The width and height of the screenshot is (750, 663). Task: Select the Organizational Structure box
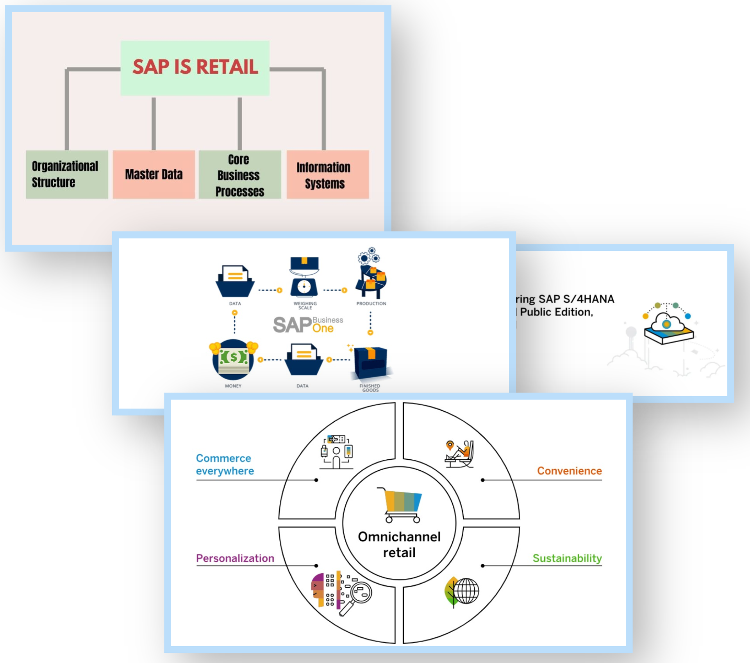coord(67,174)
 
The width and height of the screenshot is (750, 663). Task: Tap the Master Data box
coord(154,174)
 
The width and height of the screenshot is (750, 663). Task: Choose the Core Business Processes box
coord(240,174)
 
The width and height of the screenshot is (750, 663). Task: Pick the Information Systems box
coord(328,174)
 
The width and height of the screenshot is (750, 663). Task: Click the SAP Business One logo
coord(308,325)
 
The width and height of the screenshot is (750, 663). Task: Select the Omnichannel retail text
coord(399,545)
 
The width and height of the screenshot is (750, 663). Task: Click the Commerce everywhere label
coord(225,464)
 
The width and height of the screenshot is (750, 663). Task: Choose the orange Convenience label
coord(569,471)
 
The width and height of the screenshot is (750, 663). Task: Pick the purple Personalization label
coord(235,558)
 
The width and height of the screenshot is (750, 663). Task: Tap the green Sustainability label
coord(567,558)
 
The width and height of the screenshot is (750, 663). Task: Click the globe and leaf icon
coord(462,592)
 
